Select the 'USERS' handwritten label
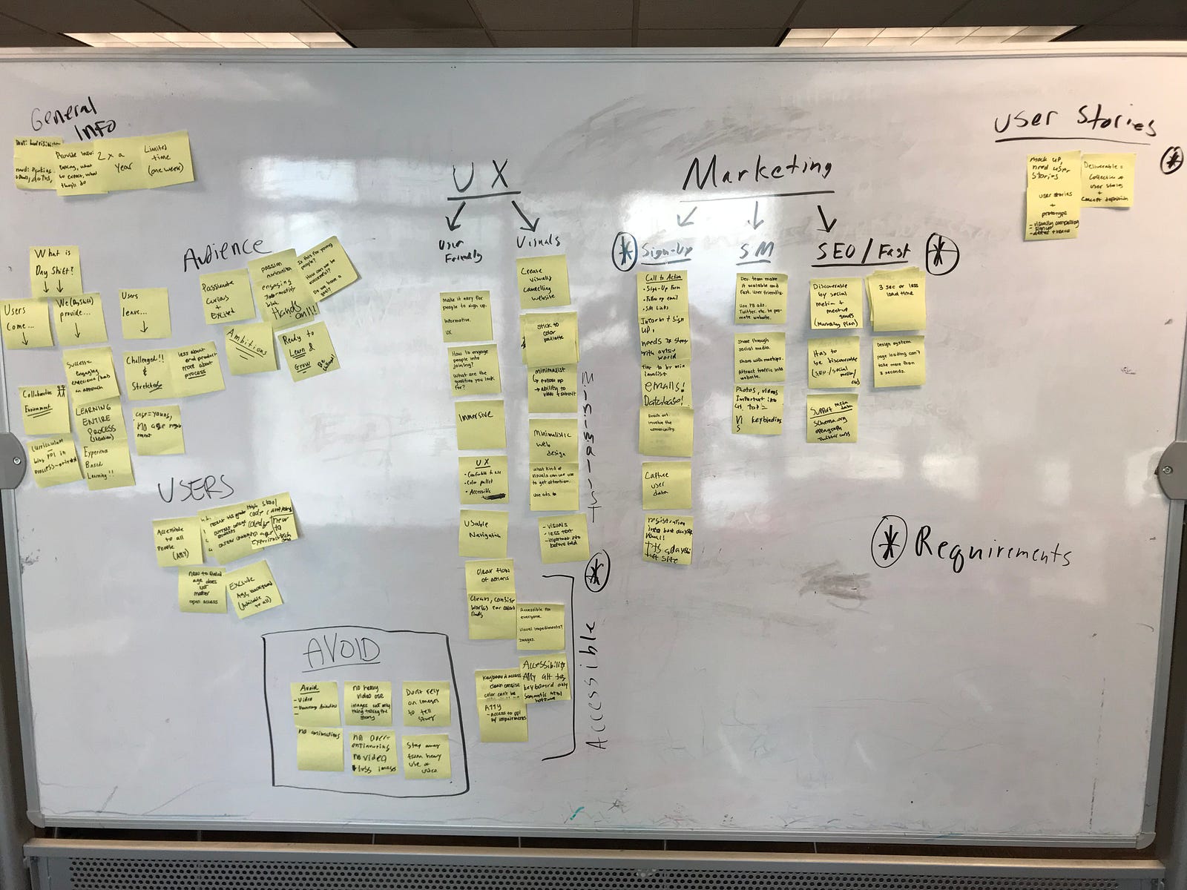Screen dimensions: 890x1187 point(195,489)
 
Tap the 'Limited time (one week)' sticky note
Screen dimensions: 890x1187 point(167,157)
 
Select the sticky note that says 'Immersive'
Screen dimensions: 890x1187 point(479,424)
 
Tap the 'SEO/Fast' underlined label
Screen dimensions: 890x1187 point(863,253)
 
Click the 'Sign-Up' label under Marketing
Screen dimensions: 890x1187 point(666,251)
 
